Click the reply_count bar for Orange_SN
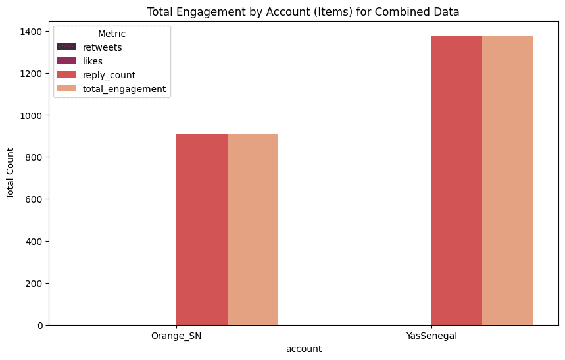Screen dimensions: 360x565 [x=202, y=230]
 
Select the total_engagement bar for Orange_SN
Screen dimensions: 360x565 [x=253, y=230]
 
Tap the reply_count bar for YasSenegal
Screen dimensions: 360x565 [x=456, y=180]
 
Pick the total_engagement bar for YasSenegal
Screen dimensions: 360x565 [x=508, y=180]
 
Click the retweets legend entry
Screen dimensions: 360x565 [x=107, y=47]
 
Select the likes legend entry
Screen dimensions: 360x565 [x=101, y=61]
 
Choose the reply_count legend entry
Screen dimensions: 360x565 [x=114, y=75]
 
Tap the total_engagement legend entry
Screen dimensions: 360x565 [x=129, y=89]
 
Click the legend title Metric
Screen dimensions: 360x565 [x=111, y=33]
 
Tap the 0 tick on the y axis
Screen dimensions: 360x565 [x=41, y=325]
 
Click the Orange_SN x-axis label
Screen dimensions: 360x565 [x=176, y=336]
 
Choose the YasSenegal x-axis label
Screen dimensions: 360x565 [x=431, y=336]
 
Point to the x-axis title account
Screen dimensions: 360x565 [x=304, y=349]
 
